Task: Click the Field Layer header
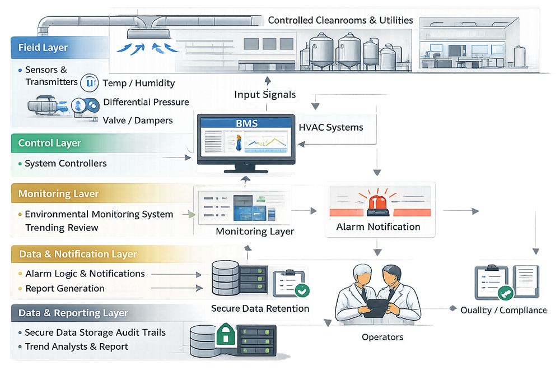pos(43,48)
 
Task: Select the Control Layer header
pos(50,143)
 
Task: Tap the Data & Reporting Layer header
pos(73,313)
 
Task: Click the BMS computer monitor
pos(246,141)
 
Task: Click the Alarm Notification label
pos(378,227)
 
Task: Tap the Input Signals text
pos(264,94)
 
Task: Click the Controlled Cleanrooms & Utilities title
pos(340,20)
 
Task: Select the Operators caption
pos(382,337)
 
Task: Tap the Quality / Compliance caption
pos(503,310)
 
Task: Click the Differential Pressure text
pos(146,102)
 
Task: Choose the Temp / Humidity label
pos(139,84)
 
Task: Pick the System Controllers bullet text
pos(66,164)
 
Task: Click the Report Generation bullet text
pos(65,288)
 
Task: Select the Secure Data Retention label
pos(260,308)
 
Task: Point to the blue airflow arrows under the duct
pos(148,47)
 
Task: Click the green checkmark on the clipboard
pos(303,290)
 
